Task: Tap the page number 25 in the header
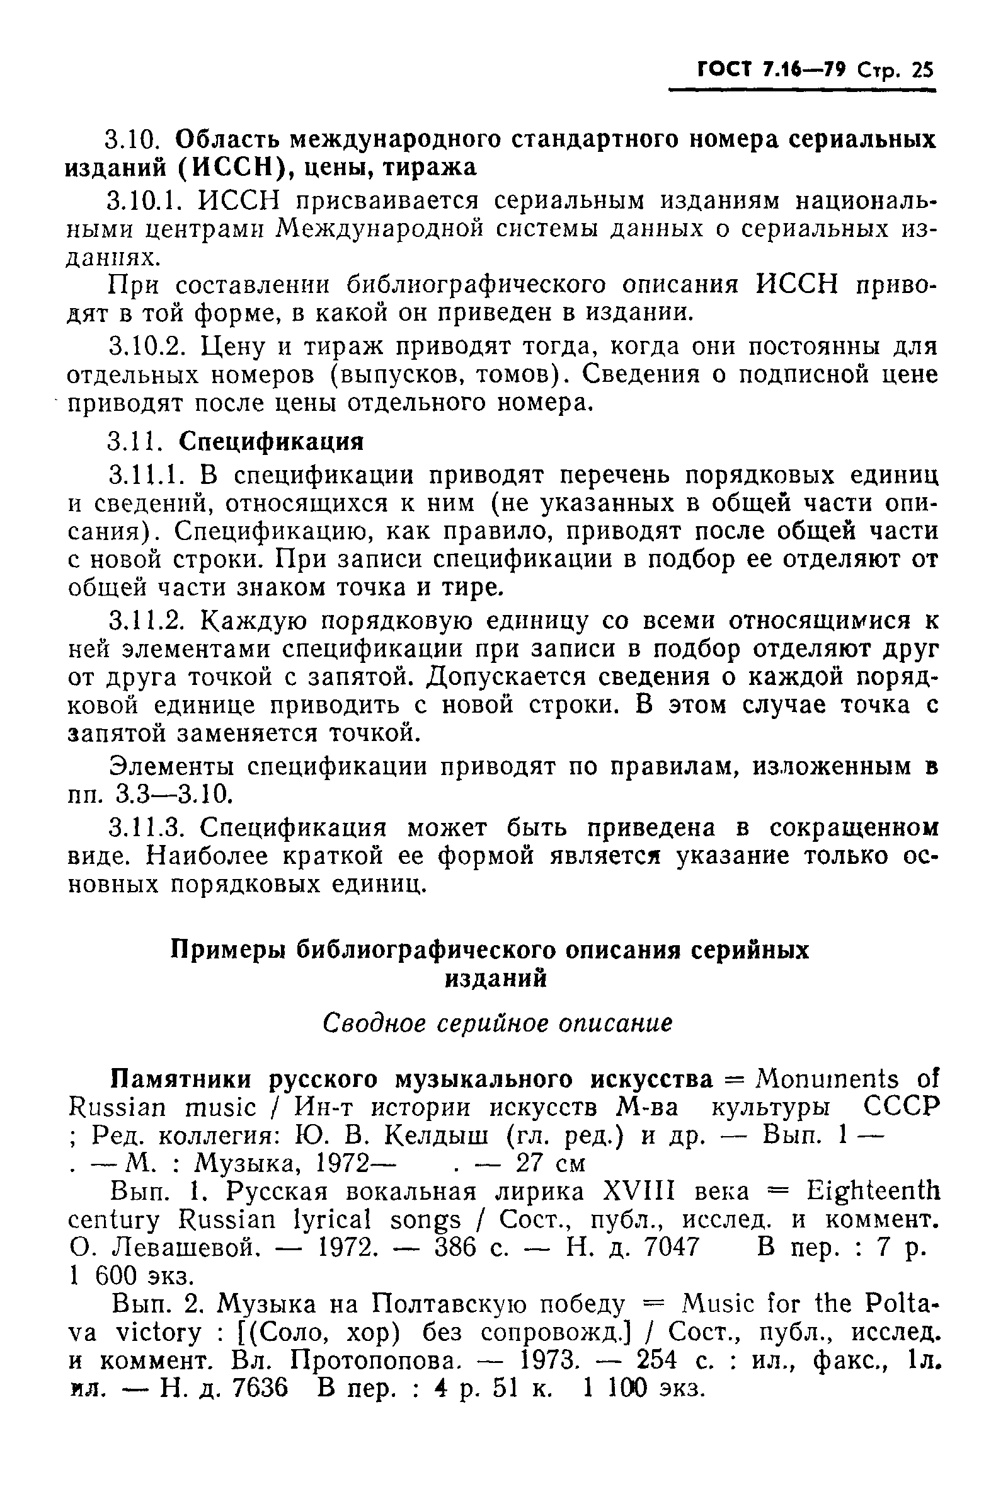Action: coord(921,70)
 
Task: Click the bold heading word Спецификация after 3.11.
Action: coord(271,441)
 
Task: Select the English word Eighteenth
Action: coord(873,1192)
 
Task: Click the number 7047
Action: coord(671,1248)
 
